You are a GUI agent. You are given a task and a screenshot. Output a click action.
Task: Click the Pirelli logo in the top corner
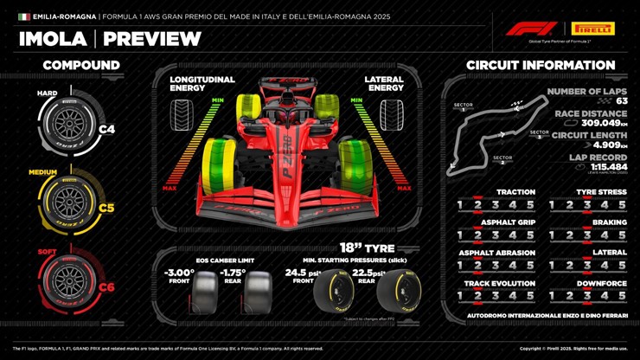(593, 29)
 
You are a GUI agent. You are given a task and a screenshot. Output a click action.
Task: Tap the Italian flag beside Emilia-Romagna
(24, 16)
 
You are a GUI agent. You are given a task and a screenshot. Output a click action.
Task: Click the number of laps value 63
(622, 101)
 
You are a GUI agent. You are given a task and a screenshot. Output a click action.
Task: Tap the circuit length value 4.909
(605, 145)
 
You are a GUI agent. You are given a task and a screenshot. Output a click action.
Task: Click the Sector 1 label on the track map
(464, 107)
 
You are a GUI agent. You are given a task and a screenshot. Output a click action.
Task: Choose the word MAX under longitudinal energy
(170, 188)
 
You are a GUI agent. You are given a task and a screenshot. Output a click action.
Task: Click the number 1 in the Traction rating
(460, 205)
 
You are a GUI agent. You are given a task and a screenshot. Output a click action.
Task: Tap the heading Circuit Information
(541, 65)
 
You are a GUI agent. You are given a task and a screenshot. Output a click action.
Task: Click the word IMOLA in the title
(53, 39)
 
